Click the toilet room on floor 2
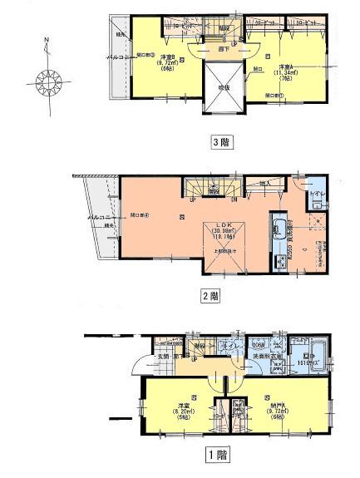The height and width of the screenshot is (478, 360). (x=316, y=198)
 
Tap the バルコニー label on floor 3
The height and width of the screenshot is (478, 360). (x=116, y=57)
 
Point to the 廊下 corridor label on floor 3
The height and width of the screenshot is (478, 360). (x=222, y=49)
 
